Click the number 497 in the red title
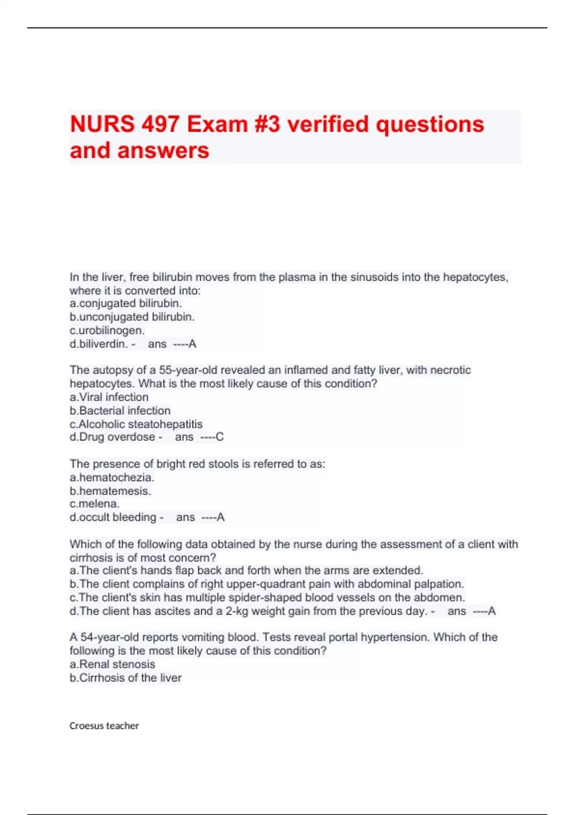160,124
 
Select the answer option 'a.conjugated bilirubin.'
126,303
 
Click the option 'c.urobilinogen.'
107,330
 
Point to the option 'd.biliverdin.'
99,344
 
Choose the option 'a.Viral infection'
109,397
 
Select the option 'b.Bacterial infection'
120,410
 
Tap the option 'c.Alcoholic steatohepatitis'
136,424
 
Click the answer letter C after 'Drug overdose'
220,437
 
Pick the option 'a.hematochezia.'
112,477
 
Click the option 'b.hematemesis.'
110,491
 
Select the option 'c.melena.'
94,504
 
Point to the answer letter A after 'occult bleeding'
220,517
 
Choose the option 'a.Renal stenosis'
112,664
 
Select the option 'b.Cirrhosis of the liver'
126,678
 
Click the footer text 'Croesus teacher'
104,726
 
